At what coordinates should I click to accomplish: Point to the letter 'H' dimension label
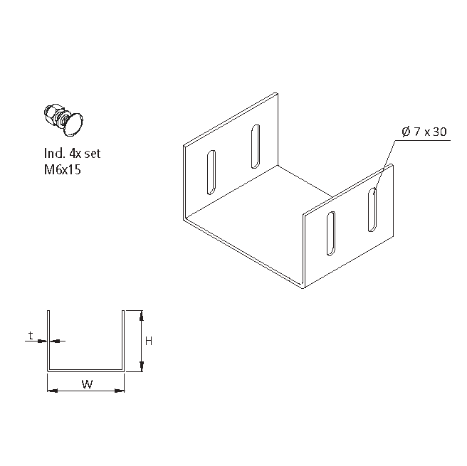pyautogui.click(x=149, y=341)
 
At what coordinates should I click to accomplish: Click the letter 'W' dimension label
pyautogui.click(x=86, y=385)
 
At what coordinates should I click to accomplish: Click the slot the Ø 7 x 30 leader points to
pyautogui.click(x=373, y=209)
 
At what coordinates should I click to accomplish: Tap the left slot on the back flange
pyautogui.click(x=211, y=173)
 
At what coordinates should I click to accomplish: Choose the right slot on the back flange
pyautogui.click(x=255, y=147)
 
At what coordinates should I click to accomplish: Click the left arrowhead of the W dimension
pyautogui.click(x=51, y=390)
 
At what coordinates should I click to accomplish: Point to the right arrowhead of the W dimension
pyautogui.click(x=122, y=390)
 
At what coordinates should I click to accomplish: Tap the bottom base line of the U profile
pyautogui.click(x=86, y=370)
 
